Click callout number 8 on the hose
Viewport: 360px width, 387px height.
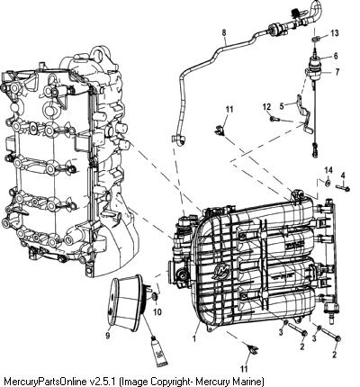224,32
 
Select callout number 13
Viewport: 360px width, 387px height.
335,32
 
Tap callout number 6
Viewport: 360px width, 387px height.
335,56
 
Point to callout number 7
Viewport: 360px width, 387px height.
337,72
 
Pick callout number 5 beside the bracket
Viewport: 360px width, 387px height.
282,105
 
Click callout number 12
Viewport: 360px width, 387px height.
266,106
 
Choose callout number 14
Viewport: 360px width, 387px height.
328,170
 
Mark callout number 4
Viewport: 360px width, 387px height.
343,175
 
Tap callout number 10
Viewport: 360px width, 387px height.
157,312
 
